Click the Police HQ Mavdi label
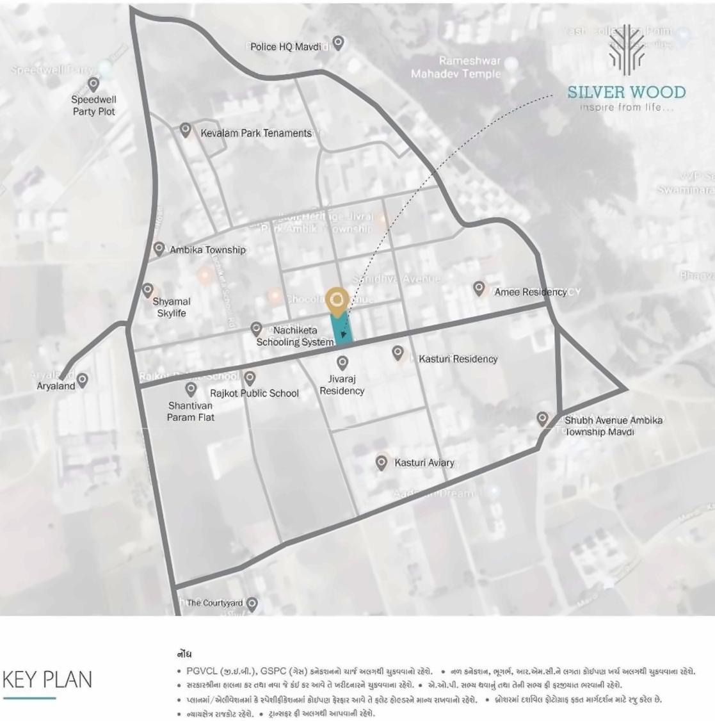click(285, 47)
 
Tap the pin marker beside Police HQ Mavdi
click(338, 42)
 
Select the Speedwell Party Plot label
click(93, 106)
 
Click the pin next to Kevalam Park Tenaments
click(185, 130)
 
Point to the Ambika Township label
click(207, 250)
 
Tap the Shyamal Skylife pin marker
click(148, 290)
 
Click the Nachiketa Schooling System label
click(295, 336)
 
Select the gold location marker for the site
click(337, 299)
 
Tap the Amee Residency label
click(530, 292)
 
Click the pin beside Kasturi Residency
click(398, 352)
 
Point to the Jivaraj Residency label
click(342, 385)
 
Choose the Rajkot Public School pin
click(250, 378)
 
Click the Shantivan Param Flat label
click(191, 411)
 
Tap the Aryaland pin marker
click(82, 380)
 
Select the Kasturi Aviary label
click(424, 462)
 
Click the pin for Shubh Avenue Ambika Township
click(542, 419)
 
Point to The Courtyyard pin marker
click(252, 603)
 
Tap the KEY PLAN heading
click(47, 679)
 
